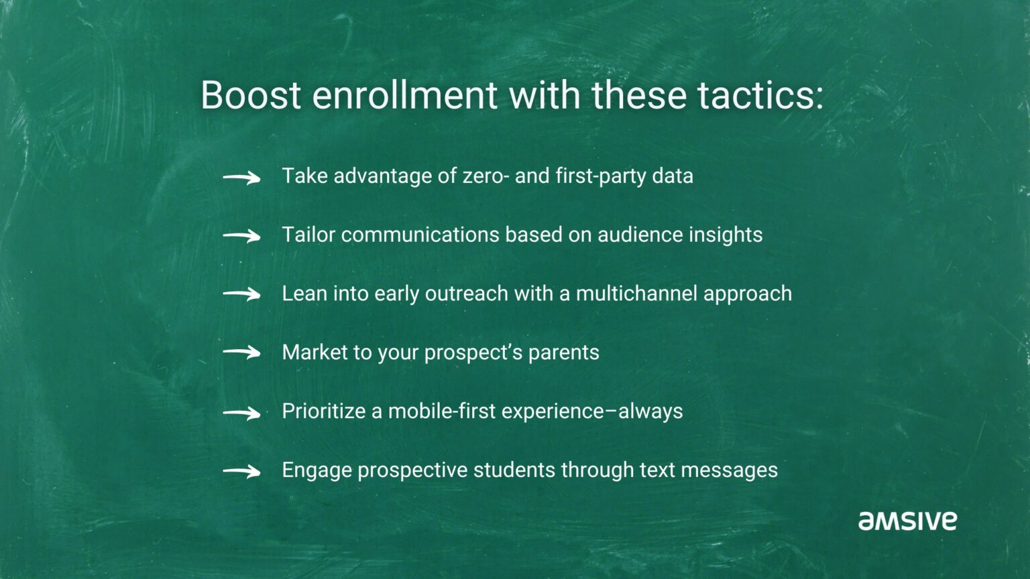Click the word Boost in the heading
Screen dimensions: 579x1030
pos(250,95)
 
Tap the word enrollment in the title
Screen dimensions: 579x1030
pos(404,95)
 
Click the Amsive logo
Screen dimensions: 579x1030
pos(907,521)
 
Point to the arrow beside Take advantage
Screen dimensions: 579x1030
pos(241,178)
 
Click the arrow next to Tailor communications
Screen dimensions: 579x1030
pos(241,236)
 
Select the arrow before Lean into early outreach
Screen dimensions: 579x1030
pos(241,294)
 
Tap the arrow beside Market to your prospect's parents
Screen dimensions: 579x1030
pos(241,352)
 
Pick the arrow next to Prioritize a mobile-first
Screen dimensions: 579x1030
pos(241,413)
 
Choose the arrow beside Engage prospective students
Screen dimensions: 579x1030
pos(241,472)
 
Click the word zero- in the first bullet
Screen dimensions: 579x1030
pos(486,176)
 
